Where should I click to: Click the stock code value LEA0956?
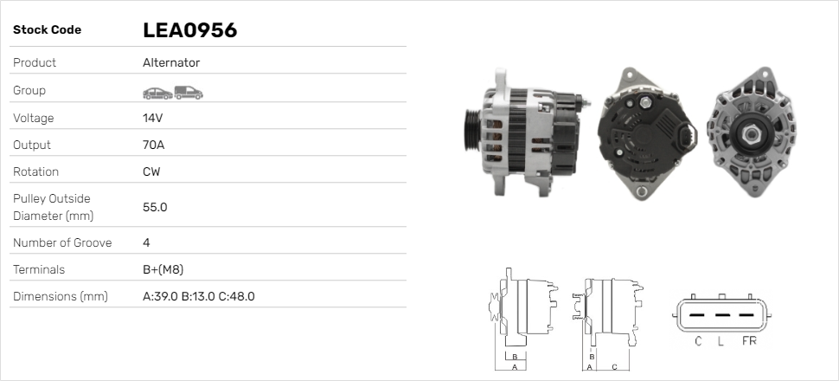click(x=190, y=30)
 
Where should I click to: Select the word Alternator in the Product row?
click(x=171, y=62)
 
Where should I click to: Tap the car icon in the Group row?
click(x=157, y=94)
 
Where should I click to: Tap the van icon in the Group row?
click(x=189, y=93)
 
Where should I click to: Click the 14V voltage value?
click(x=152, y=118)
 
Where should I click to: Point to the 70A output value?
click(x=154, y=145)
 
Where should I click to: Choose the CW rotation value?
click(x=151, y=171)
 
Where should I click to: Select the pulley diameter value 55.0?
click(x=155, y=207)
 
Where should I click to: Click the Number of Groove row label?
click(x=62, y=242)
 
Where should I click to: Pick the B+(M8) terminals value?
click(x=163, y=269)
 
